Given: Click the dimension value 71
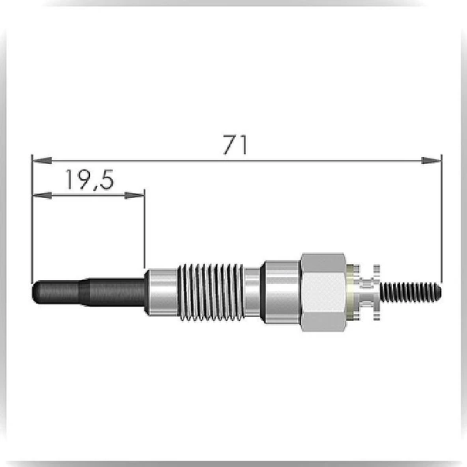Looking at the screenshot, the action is point(235,145).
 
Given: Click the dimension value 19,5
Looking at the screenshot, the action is point(89,180).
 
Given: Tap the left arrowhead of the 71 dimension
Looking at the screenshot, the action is point(42,161).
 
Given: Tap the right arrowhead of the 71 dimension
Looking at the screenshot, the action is point(432,161).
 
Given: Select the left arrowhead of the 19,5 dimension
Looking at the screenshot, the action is point(42,196).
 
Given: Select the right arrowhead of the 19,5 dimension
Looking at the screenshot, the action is point(134,196).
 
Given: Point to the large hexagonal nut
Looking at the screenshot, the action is point(323,292).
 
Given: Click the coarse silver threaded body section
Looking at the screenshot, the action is point(211,292).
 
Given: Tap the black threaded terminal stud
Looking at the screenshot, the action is point(410,291).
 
